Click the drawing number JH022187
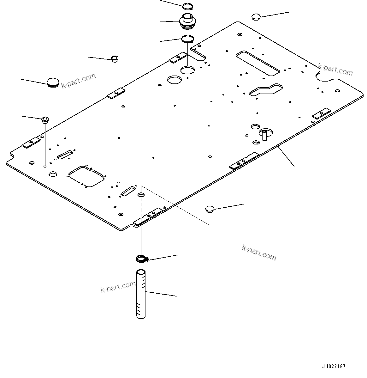tap(334, 367)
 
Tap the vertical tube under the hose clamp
tap(141, 294)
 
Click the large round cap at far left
tap(53, 82)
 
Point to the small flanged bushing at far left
tap(45, 119)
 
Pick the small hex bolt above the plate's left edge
tap(115, 58)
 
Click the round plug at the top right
tap(256, 16)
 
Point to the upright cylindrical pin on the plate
tap(264, 135)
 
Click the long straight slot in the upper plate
tap(257, 63)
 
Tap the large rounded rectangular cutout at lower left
tap(86, 176)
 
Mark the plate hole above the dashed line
tap(141, 194)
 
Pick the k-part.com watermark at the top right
tap(335, 70)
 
